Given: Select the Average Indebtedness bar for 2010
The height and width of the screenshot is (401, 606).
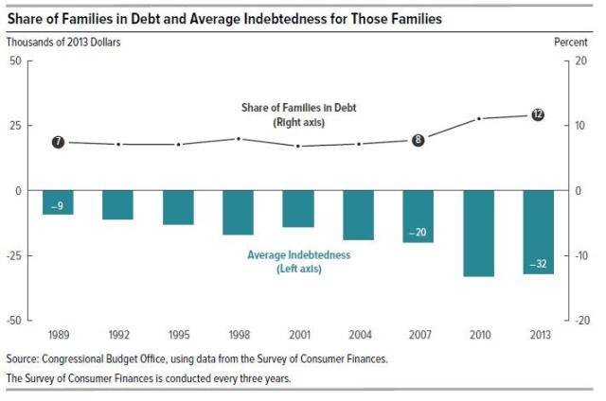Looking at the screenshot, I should pyautogui.click(x=479, y=233).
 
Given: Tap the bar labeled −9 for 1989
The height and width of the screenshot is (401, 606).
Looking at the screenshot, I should pyautogui.click(x=58, y=203).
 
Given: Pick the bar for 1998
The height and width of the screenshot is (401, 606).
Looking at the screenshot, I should pyautogui.click(x=238, y=212).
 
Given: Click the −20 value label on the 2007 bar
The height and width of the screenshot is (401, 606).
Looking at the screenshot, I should pyautogui.click(x=418, y=232).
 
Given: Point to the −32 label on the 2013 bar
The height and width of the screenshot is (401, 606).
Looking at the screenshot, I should pyautogui.click(x=538, y=264).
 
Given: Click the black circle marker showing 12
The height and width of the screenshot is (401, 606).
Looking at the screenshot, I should pyautogui.click(x=538, y=114).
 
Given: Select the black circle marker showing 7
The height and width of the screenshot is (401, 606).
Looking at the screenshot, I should pyautogui.click(x=58, y=142).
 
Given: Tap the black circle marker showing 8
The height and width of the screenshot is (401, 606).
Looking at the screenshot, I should pyautogui.click(x=418, y=139).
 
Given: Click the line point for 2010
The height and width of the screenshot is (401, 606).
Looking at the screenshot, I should pyautogui.click(x=479, y=118).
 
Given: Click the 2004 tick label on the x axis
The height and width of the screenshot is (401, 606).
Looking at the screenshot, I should pyautogui.click(x=358, y=335).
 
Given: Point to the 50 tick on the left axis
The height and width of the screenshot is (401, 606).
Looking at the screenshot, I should pyautogui.click(x=15, y=61).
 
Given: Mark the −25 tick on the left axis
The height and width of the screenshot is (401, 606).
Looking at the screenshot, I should pyautogui.click(x=13, y=255).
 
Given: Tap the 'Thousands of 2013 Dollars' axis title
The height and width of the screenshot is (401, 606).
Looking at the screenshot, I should pyautogui.click(x=63, y=42).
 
